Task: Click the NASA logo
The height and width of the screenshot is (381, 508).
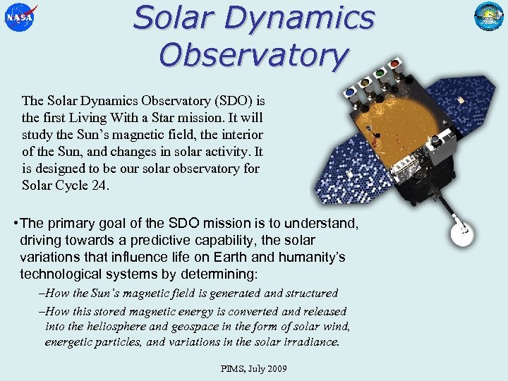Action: [x=20, y=18]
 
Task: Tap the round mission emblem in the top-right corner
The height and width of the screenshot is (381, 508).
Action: [x=488, y=17]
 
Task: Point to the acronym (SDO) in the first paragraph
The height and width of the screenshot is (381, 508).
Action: [x=225, y=99]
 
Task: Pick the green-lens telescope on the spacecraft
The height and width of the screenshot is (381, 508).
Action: [x=382, y=73]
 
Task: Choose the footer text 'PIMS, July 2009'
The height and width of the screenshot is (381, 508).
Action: [x=253, y=368]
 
